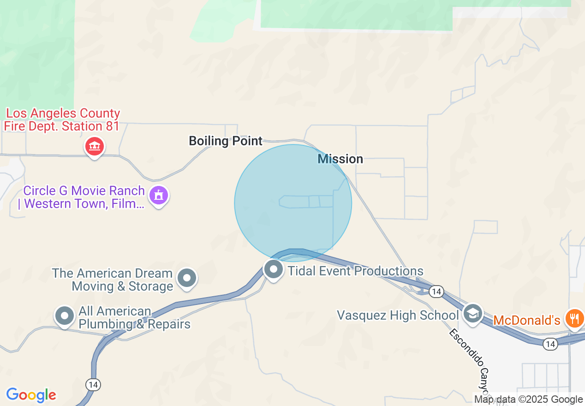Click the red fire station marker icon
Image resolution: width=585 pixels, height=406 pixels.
95,147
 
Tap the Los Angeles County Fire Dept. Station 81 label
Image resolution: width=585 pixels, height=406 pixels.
62,119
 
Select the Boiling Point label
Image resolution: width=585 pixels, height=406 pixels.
226,141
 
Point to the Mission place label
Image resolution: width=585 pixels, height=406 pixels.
340,159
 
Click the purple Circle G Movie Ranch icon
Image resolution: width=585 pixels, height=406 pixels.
159,195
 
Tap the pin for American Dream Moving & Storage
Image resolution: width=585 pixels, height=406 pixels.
187,278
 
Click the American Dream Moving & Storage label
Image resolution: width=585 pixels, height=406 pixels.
113,280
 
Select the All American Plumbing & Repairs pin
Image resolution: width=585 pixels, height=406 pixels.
65,316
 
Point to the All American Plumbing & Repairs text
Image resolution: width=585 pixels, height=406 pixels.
134,317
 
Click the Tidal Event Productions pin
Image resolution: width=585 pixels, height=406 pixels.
273,269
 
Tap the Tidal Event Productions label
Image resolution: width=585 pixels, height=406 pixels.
355,271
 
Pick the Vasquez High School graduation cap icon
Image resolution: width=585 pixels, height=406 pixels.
472,314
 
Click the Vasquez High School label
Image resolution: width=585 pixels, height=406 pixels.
398,315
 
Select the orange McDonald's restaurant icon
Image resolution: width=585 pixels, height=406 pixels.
575,318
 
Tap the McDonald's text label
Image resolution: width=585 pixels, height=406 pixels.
526,320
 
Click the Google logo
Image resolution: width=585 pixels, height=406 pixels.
31,395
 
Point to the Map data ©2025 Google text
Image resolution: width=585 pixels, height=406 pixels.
529,400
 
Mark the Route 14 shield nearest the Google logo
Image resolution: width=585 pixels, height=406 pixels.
93,384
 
